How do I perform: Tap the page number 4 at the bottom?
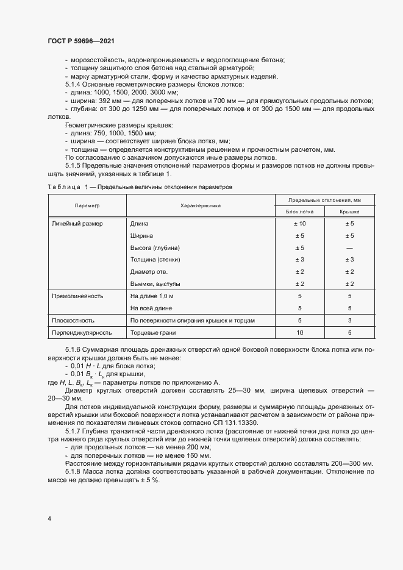49,518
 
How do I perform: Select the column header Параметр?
87,206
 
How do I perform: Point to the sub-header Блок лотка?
299,212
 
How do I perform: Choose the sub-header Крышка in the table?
349,212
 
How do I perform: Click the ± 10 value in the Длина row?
299,224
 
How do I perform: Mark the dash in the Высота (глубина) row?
349,248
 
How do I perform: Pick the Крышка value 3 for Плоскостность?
349,320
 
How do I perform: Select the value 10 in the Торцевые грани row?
299,333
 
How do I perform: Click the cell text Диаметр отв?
149,272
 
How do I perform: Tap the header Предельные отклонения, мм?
324,200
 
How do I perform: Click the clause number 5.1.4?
73,84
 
